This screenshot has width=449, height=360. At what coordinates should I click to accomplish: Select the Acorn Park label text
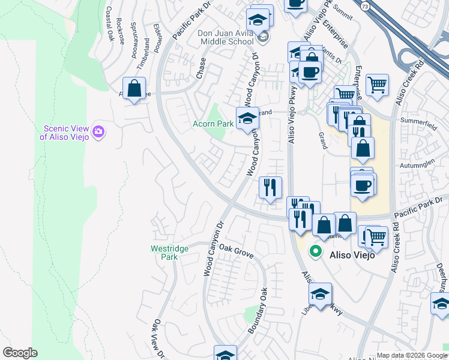coord(212,124)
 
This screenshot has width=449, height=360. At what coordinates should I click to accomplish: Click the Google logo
coord(20,353)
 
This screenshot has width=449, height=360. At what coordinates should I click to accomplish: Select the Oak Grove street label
coord(236,250)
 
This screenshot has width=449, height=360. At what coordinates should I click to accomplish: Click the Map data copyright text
coord(411,355)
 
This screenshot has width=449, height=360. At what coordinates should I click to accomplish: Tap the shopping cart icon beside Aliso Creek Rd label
coord(377,85)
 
